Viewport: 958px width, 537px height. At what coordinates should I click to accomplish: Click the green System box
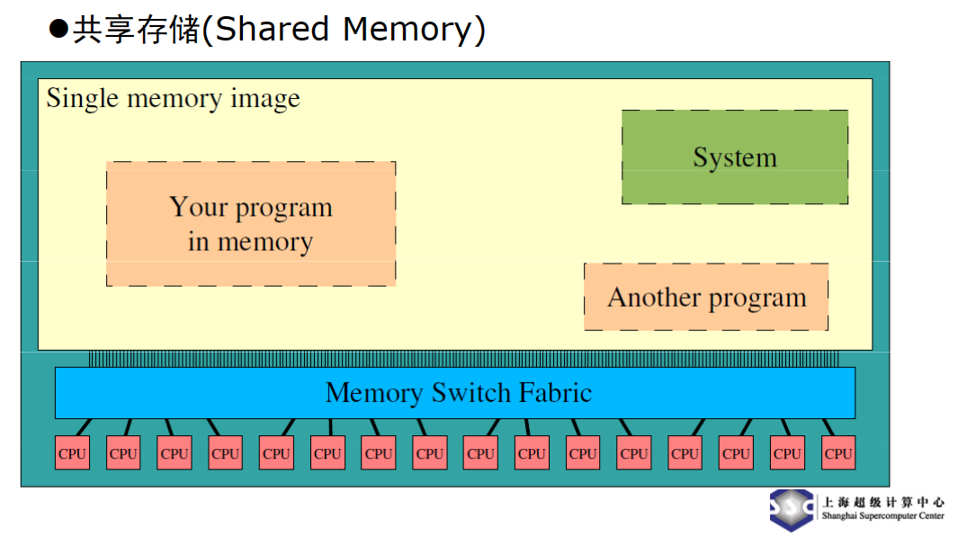(x=734, y=157)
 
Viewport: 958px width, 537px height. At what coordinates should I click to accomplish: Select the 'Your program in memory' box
(x=250, y=224)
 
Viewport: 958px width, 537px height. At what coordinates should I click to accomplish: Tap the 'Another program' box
(x=706, y=297)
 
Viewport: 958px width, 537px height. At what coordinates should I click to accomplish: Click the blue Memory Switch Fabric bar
(x=454, y=393)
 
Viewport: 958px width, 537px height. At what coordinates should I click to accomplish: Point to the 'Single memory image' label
(x=173, y=98)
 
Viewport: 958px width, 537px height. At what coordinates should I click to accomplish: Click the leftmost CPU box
(x=72, y=453)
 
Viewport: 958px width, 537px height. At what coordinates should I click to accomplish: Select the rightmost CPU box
(x=837, y=453)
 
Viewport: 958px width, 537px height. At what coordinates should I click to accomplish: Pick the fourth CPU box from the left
(x=225, y=453)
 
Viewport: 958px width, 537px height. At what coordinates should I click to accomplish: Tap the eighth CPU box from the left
(x=429, y=453)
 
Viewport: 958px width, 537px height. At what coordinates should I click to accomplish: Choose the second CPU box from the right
(x=787, y=453)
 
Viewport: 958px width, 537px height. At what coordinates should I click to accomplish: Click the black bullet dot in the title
(x=58, y=30)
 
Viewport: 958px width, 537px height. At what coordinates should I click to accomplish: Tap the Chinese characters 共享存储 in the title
(x=137, y=30)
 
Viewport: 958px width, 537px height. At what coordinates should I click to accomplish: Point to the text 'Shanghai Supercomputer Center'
(x=882, y=516)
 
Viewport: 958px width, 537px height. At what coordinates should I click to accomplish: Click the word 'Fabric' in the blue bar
(x=555, y=393)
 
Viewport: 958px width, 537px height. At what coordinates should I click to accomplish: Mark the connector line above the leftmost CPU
(x=83, y=427)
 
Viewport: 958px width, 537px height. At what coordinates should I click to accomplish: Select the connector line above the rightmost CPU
(x=828, y=427)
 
